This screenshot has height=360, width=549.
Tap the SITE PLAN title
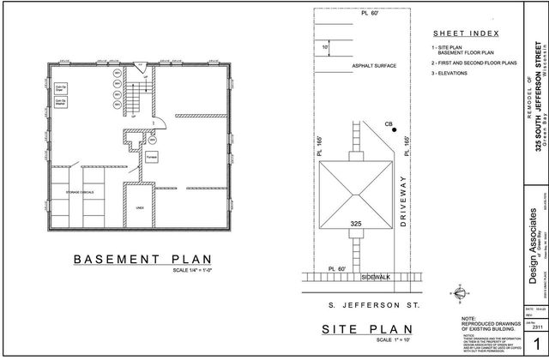coord(356,330)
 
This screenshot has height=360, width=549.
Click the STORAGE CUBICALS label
coord(79,193)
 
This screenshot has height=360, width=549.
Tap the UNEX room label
coord(140,207)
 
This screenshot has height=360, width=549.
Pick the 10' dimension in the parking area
coord(325,47)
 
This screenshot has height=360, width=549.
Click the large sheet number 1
coord(535,344)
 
